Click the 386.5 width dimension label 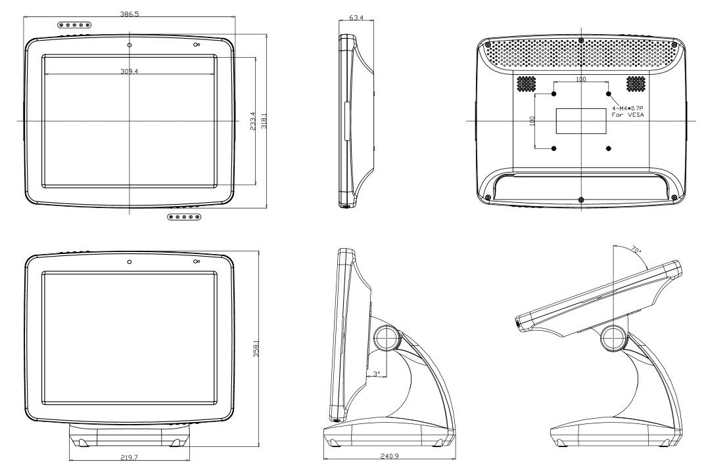coord(129,14)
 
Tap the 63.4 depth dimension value coord(356,18)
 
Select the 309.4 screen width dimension coord(129,72)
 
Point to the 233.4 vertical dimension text coord(252,121)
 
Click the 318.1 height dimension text coord(264,121)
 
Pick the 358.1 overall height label coord(256,349)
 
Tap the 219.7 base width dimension coord(129,457)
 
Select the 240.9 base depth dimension coord(389,456)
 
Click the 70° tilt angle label coord(636,249)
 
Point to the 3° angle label coord(376,373)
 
